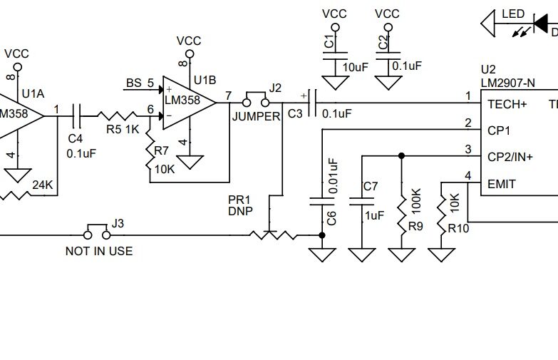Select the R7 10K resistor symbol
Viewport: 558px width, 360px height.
pyautogui.click(x=150, y=151)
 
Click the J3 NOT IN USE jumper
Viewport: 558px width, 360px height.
pyautogui.click(x=98, y=233)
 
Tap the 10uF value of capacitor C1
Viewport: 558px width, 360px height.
pyautogui.click(x=356, y=66)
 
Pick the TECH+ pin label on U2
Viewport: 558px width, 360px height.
pyautogui.click(x=507, y=104)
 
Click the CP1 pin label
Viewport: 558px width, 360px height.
pyautogui.click(x=498, y=130)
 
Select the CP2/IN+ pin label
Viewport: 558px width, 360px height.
pyautogui.click(x=510, y=157)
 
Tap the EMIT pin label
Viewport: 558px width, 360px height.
pyautogui.click(x=501, y=184)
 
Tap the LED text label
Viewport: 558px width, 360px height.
pyautogui.click(x=513, y=14)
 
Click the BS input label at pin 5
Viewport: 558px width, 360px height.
pyautogui.click(x=133, y=83)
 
